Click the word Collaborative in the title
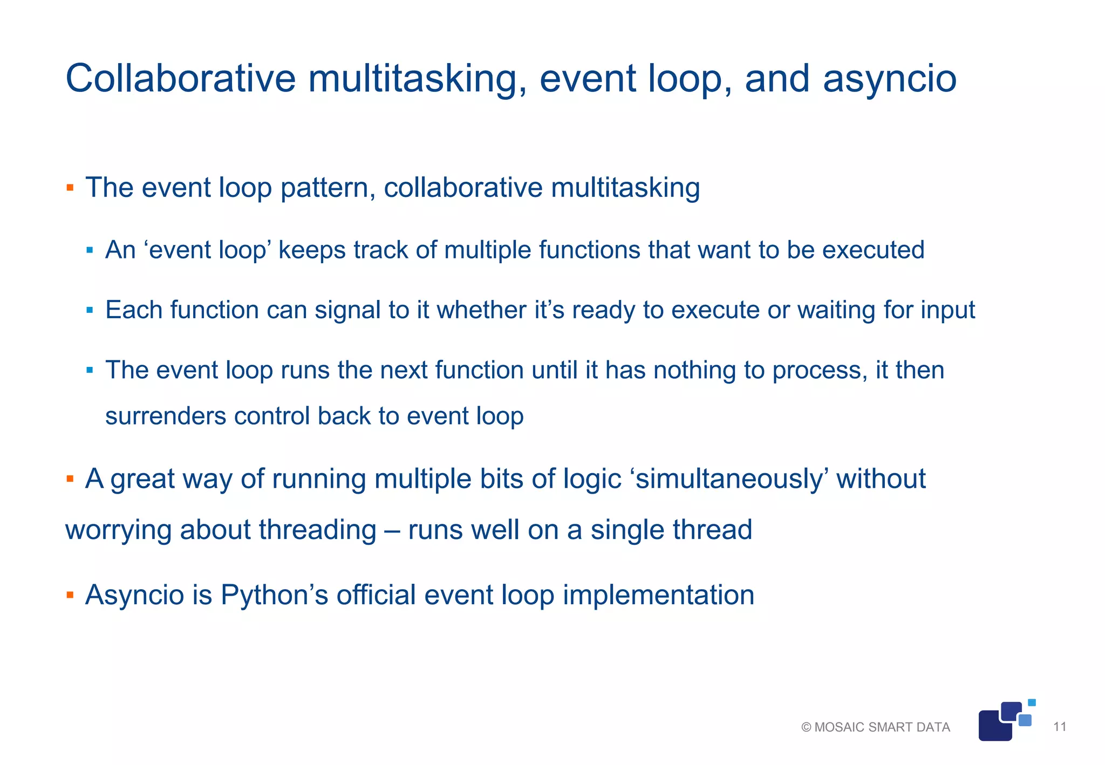tap(180, 79)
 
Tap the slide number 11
tap(1060, 727)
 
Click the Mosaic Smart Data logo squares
tap(1004, 722)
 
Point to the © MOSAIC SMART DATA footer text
tap(875, 727)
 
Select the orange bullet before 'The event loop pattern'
tap(70, 188)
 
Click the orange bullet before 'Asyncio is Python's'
tap(70, 596)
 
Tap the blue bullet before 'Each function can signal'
tap(90, 310)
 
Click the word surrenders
tap(165, 416)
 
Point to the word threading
tap(317, 530)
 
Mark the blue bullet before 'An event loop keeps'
tap(90, 250)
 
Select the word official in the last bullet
tap(376, 596)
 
